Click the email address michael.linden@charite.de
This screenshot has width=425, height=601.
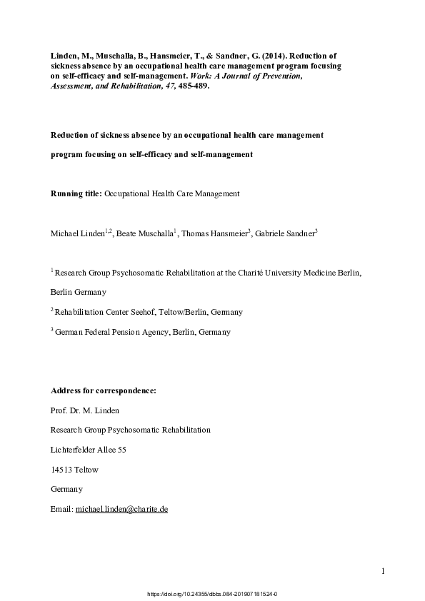pyautogui.click(x=121, y=509)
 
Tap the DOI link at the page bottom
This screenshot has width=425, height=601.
pyautogui.click(x=211, y=593)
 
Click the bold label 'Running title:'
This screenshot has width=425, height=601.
pyautogui.click(x=76, y=193)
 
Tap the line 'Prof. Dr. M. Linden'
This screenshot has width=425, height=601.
pyautogui.click(x=86, y=410)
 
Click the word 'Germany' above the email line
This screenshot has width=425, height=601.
pyautogui.click(x=67, y=489)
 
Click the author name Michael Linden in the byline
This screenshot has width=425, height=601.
pyautogui.click(x=76, y=233)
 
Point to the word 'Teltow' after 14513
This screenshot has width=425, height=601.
pyautogui.click(x=88, y=470)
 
